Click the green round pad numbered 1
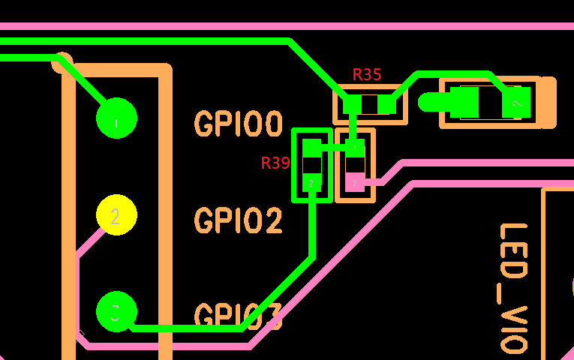tap(116, 118)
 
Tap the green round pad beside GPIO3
tap(116, 311)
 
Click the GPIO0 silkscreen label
tap(238, 124)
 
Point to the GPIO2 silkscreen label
tap(238, 221)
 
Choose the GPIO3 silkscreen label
tap(238, 317)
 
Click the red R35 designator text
tap(367, 75)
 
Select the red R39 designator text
tap(275, 163)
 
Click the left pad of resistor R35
tap(352, 104)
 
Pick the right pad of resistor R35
tap(386, 104)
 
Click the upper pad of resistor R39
tap(311, 148)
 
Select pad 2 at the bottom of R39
tap(311, 181)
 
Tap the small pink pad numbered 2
tap(355, 181)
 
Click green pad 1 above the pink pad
tap(355, 148)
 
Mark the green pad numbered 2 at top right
tap(516, 103)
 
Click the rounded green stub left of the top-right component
tap(430, 103)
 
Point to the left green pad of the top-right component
tap(464, 103)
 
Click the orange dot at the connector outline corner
tap(62, 63)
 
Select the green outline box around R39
tap(294, 165)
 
